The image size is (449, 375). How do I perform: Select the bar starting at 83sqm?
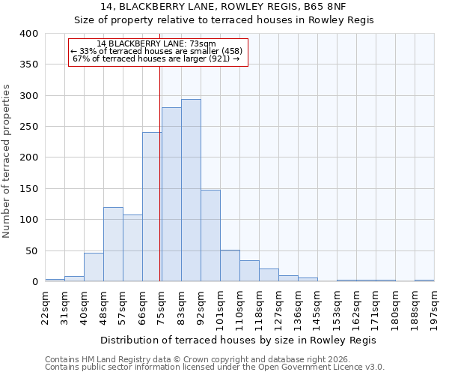click(191, 190)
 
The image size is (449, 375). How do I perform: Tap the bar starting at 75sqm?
click(171, 194)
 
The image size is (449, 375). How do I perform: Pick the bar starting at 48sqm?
click(113, 244)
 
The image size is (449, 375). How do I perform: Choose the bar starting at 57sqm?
click(132, 248)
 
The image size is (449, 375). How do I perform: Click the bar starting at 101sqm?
click(230, 265)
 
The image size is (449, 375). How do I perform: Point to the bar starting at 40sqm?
click(94, 267)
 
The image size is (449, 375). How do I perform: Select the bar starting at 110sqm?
click(249, 271)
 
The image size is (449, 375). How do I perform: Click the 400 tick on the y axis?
click(28, 34)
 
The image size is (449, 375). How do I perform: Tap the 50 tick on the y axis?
click(31, 250)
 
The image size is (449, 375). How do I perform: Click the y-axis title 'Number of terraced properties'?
click(7, 161)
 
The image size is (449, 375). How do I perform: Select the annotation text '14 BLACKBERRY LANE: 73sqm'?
click(156, 43)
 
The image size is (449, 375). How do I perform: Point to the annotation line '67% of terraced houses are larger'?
click(156, 58)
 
